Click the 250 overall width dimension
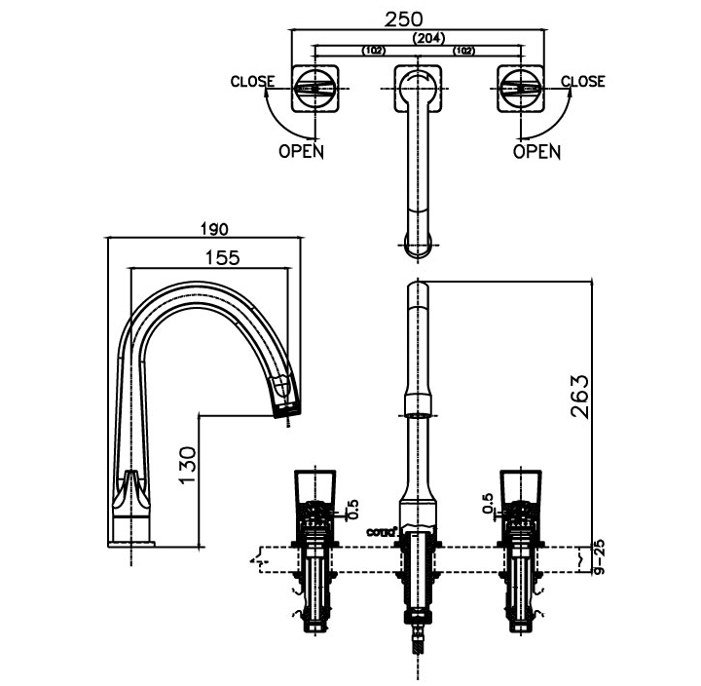(x=416, y=19)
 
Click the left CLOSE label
(x=251, y=82)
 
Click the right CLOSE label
(x=583, y=82)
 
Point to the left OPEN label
(x=302, y=151)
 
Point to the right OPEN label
(x=536, y=151)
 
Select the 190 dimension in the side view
(x=214, y=230)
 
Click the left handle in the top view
(x=314, y=89)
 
